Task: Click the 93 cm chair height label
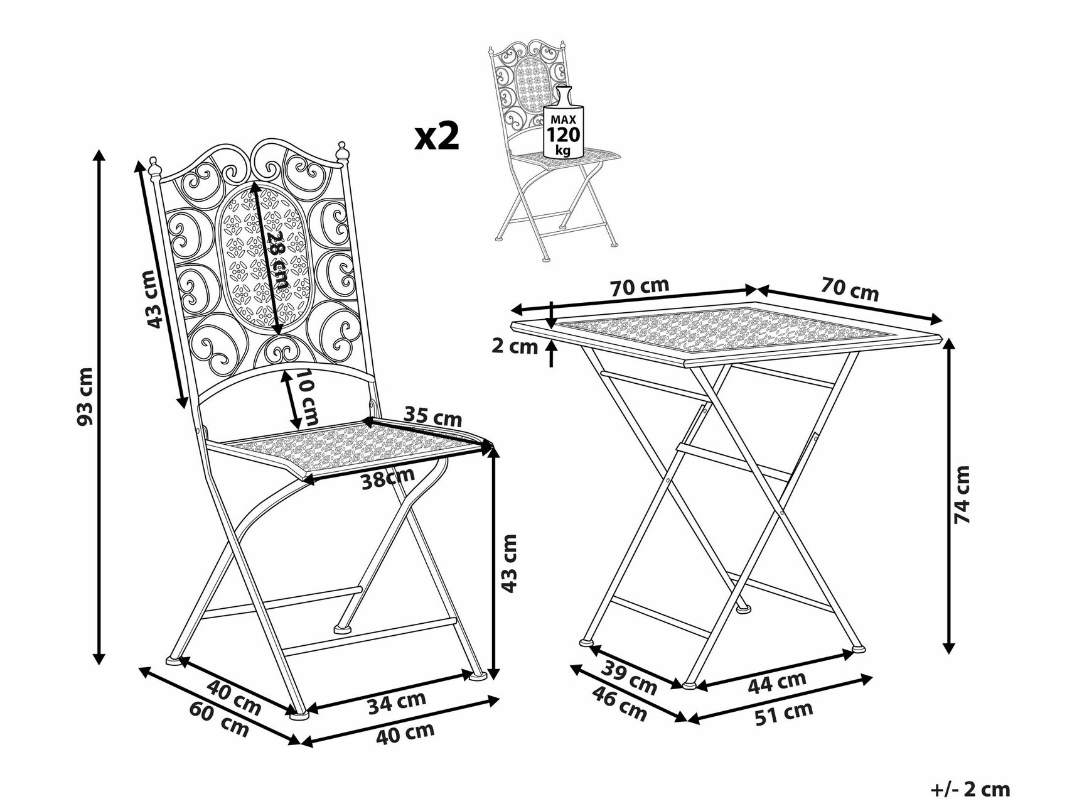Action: [x=85, y=396]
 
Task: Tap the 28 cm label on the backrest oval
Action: [x=277, y=260]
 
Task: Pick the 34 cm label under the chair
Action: [x=397, y=702]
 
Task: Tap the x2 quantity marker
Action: [x=437, y=136]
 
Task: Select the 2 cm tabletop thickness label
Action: [x=515, y=346]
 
